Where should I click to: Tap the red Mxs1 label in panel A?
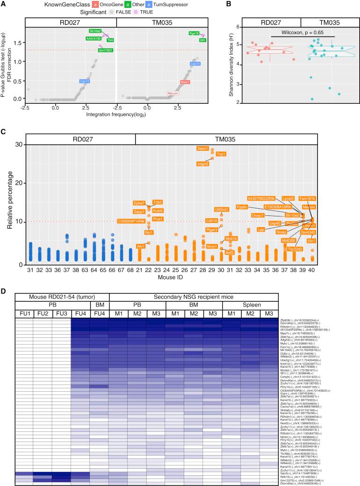tap(186, 82)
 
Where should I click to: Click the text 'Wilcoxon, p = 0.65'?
tap(302, 33)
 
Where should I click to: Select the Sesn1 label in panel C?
tap(202, 148)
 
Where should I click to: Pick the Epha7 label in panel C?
tap(139, 203)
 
